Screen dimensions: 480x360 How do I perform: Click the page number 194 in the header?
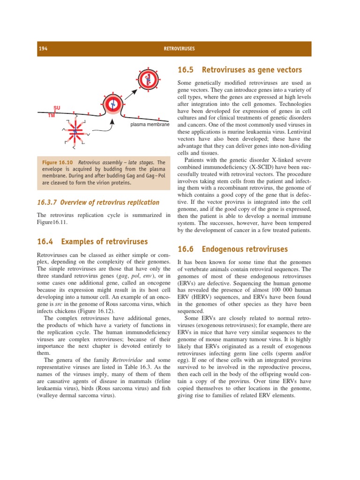click(x=43, y=49)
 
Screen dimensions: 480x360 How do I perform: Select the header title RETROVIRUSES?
click(x=180, y=49)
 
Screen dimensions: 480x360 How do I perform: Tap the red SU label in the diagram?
click(x=57, y=108)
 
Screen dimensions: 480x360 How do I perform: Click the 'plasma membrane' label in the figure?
click(x=149, y=125)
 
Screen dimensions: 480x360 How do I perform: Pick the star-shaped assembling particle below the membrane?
click(x=74, y=132)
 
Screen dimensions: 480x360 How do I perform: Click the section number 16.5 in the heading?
click(x=185, y=70)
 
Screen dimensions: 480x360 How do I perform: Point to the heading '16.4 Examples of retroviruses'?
click(x=92, y=242)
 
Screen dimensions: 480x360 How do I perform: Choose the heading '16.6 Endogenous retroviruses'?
click(x=232, y=249)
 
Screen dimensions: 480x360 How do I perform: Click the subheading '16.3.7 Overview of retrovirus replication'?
click(x=98, y=202)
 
